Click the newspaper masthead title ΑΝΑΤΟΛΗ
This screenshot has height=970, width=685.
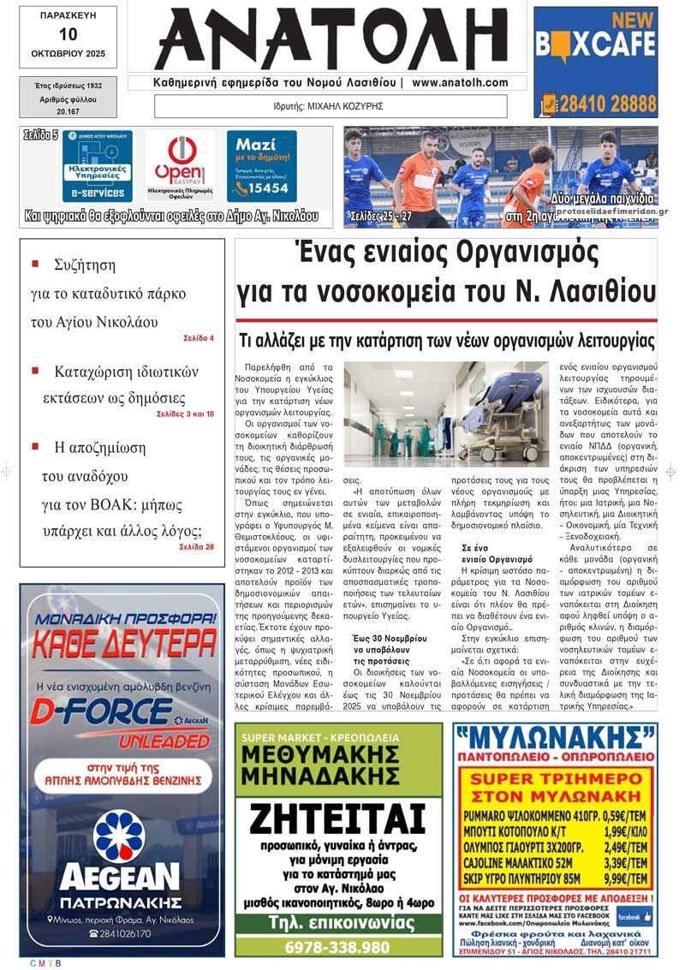click(331, 39)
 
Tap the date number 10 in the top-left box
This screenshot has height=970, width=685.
click(68, 34)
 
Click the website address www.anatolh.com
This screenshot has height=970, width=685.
click(460, 83)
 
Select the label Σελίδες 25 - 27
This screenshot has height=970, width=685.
click(381, 217)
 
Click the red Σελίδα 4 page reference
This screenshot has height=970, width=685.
click(199, 338)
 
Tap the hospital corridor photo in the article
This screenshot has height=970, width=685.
click(445, 414)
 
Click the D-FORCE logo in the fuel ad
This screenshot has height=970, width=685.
click(103, 711)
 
